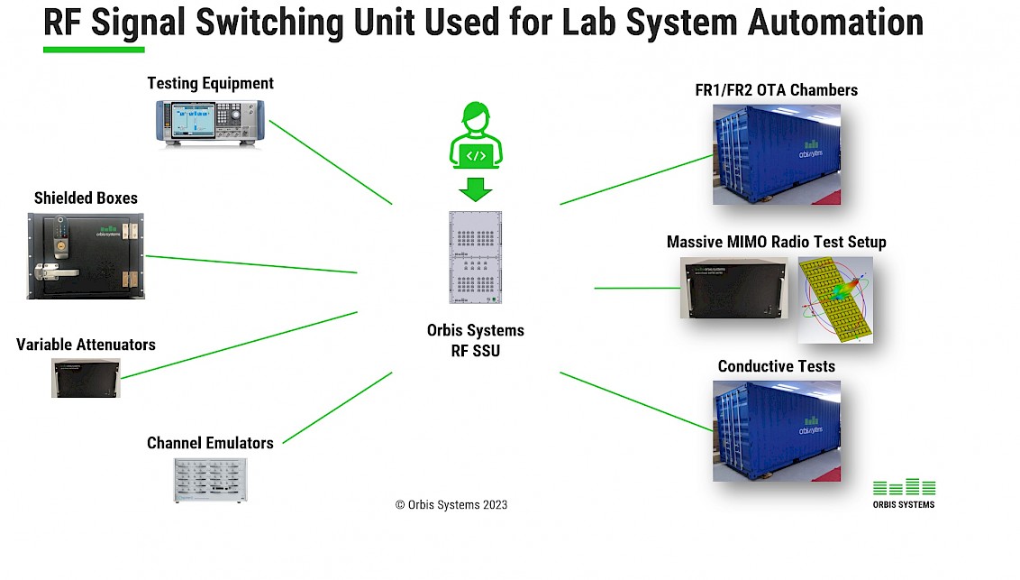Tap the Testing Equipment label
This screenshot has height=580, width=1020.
pos(210,83)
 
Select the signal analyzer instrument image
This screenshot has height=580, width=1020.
pos(204,123)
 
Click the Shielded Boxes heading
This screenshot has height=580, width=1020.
pos(86,198)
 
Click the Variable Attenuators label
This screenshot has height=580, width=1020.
pos(86,345)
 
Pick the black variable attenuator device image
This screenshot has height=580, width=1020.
pos(86,378)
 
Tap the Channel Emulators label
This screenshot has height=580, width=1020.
pos(210,443)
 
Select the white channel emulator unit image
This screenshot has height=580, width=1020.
pos(209,481)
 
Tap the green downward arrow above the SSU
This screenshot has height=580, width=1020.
pos(476,189)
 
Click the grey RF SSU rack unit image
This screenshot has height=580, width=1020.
pos(475,257)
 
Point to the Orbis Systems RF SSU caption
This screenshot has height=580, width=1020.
pos(475,340)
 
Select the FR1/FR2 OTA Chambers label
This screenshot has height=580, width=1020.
pos(776,89)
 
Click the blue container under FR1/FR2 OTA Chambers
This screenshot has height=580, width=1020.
pos(776,154)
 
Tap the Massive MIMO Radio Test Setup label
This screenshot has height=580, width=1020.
pos(776,242)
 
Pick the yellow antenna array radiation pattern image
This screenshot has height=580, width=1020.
pos(834,299)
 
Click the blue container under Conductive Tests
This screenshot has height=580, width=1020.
pos(776,429)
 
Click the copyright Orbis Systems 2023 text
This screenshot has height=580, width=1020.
pos(451,505)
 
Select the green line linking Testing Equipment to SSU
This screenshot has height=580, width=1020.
pos(330,162)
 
